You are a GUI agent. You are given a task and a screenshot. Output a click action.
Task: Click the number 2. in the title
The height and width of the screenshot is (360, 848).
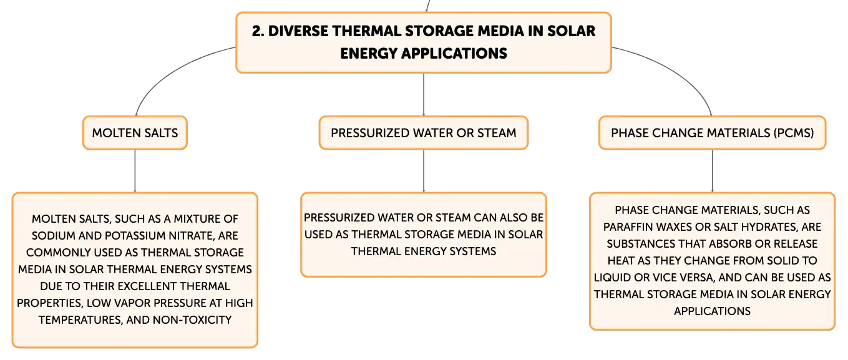258,31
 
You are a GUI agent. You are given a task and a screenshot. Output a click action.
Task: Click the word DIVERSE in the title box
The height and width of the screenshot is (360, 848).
298,31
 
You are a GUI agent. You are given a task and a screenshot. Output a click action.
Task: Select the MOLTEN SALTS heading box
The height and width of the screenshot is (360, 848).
135,133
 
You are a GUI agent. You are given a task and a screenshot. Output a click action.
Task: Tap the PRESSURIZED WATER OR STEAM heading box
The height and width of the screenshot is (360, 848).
423,133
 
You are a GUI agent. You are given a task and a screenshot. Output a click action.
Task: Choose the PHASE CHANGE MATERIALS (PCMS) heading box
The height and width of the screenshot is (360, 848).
712,133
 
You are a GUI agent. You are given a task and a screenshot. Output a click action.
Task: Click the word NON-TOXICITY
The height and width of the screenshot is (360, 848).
192,320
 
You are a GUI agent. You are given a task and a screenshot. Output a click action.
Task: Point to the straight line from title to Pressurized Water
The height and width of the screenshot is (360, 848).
423,95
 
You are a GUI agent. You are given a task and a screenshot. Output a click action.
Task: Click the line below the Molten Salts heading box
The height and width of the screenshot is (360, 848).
135,171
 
